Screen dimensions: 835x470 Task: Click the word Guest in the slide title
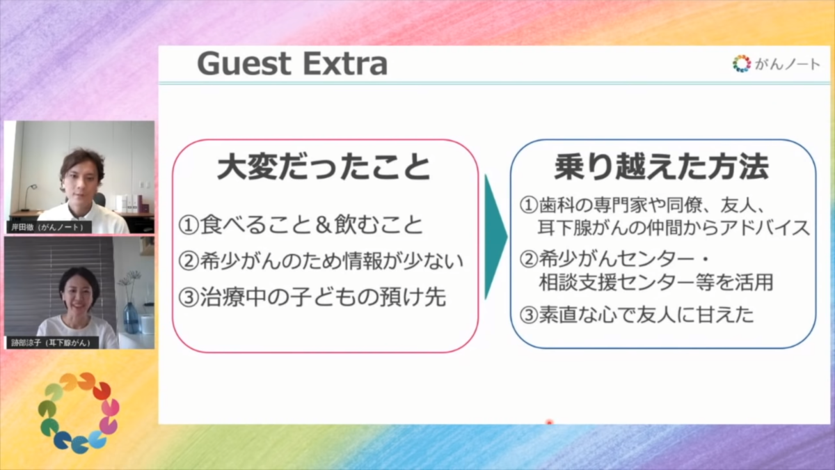click(244, 64)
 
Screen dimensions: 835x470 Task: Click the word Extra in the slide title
click(346, 64)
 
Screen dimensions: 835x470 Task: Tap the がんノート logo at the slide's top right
click(776, 64)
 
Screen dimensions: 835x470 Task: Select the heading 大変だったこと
click(324, 168)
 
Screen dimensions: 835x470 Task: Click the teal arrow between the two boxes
click(495, 237)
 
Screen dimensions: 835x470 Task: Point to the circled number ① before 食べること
click(189, 225)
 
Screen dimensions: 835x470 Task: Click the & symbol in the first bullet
click(322, 225)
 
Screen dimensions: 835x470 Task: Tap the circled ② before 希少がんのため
click(189, 261)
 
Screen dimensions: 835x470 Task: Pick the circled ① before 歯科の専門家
click(529, 205)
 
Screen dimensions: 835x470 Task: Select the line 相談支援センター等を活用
click(655, 282)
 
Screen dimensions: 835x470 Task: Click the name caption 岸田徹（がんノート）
click(49, 227)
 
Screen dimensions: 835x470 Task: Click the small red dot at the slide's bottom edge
click(549, 422)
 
